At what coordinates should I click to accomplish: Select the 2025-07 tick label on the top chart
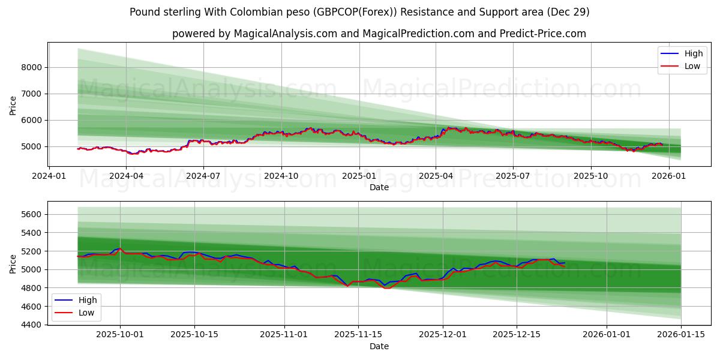click(513, 176)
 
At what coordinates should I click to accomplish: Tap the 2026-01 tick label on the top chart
click(668, 176)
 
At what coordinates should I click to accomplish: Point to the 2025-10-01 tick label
click(120, 334)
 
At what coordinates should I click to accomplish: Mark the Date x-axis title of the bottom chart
click(379, 346)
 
